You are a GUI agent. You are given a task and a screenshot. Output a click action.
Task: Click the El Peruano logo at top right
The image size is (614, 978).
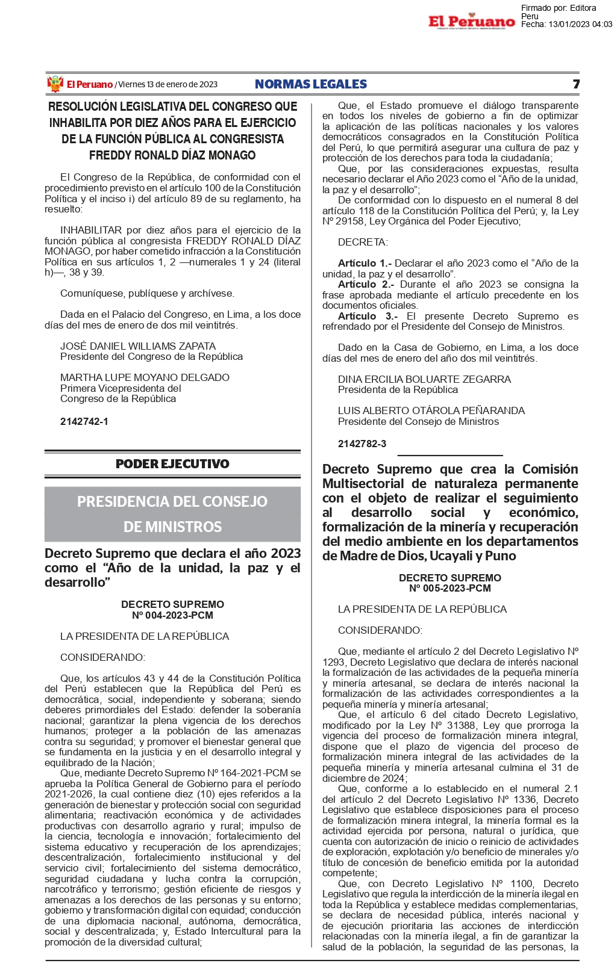tap(471, 21)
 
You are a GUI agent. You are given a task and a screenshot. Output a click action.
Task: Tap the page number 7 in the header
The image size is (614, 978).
tap(575, 84)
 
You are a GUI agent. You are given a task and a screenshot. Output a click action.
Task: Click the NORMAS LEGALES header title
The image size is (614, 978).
tap(310, 84)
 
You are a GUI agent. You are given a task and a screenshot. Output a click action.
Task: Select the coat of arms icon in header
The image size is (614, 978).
tap(55, 84)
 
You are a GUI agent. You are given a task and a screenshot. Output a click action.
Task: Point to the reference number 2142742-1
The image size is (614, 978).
tap(84, 421)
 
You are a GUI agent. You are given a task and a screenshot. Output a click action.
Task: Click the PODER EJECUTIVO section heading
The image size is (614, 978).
tap(172, 464)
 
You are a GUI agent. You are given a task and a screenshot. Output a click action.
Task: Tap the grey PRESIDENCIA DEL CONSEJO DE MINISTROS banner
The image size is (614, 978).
tap(172, 514)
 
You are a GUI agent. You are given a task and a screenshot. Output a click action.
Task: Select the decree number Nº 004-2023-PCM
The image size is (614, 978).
tap(172, 615)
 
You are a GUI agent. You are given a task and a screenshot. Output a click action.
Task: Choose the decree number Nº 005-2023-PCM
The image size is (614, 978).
tap(450, 589)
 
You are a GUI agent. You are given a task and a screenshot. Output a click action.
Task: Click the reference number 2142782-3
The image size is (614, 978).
tap(362, 444)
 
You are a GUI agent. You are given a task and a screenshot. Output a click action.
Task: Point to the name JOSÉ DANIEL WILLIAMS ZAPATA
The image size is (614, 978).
tap(138, 346)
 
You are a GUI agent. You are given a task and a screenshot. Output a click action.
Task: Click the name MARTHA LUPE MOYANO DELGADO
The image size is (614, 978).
tap(145, 377)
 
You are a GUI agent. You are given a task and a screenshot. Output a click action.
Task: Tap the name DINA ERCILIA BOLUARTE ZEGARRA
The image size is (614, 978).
tap(424, 379)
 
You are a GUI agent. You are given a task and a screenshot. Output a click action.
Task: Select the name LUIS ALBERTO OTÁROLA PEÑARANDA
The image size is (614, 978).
tap(431, 410)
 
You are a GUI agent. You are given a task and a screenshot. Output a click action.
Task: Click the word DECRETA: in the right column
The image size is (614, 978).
tap(363, 242)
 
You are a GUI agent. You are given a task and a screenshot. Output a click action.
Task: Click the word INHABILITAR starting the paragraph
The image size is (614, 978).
tap(91, 230)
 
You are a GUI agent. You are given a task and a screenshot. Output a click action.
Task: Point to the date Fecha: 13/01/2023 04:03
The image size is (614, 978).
tap(566, 24)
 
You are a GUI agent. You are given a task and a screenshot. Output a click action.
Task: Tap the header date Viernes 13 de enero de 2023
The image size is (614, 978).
tap(168, 84)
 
